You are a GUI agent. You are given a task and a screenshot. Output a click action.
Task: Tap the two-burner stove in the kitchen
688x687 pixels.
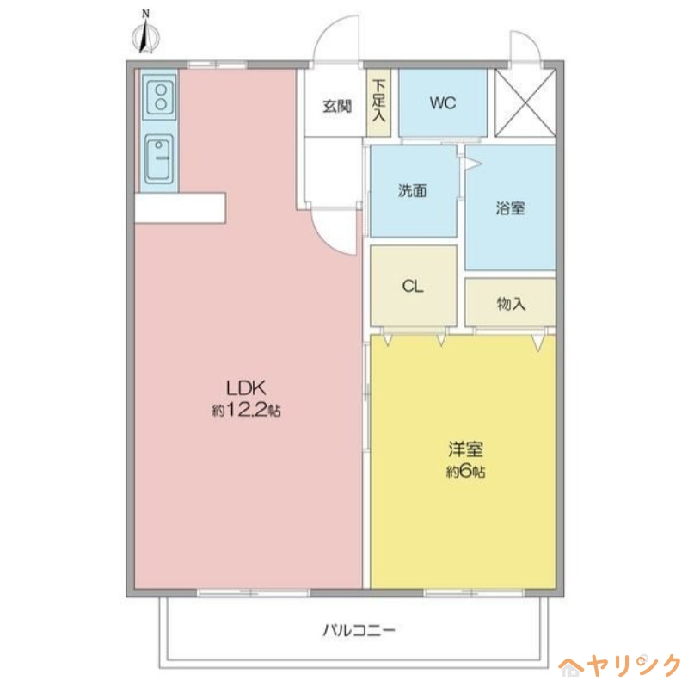pyautogui.click(x=160, y=94)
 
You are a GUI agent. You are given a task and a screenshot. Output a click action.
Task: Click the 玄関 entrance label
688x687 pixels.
pyautogui.click(x=336, y=107)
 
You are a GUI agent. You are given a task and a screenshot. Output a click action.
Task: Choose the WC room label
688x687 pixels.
pyautogui.click(x=443, y=103)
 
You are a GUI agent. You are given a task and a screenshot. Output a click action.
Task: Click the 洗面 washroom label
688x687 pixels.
pyautogui.click(x=412, y=191)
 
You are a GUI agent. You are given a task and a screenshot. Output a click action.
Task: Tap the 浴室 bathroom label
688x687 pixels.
pyautogui.click(x=510, y=207)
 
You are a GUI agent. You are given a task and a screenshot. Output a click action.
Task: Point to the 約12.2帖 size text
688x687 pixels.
pyautogui.click(x=246, y=411)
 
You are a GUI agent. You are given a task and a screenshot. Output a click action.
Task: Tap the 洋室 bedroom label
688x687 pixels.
pyautogui.click(x=465, y=450)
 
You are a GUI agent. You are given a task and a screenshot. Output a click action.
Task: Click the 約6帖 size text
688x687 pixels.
pyautogui.click(x=465, y=472)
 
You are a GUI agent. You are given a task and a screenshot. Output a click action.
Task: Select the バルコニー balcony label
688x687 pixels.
pyautogui.click(x=359, y=630)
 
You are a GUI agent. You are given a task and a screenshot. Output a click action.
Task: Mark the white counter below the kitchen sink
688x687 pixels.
pyautogui.click(x=180, y=207)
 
